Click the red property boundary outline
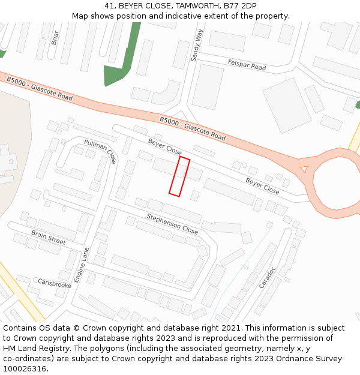[x=179, y=176]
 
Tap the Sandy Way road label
[x=196, y=45]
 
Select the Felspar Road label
[x=247, y=65]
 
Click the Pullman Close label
[x=100, y=151]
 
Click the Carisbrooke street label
[x=55, y=283]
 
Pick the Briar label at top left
[x=55, y=37]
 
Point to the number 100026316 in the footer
[x=25, y=369]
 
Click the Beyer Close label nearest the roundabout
[x=262, y=185]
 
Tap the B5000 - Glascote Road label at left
[x=40, y=89]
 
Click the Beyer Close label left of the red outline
[x=164, y=146]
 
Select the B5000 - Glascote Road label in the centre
[x=193, y=129]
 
